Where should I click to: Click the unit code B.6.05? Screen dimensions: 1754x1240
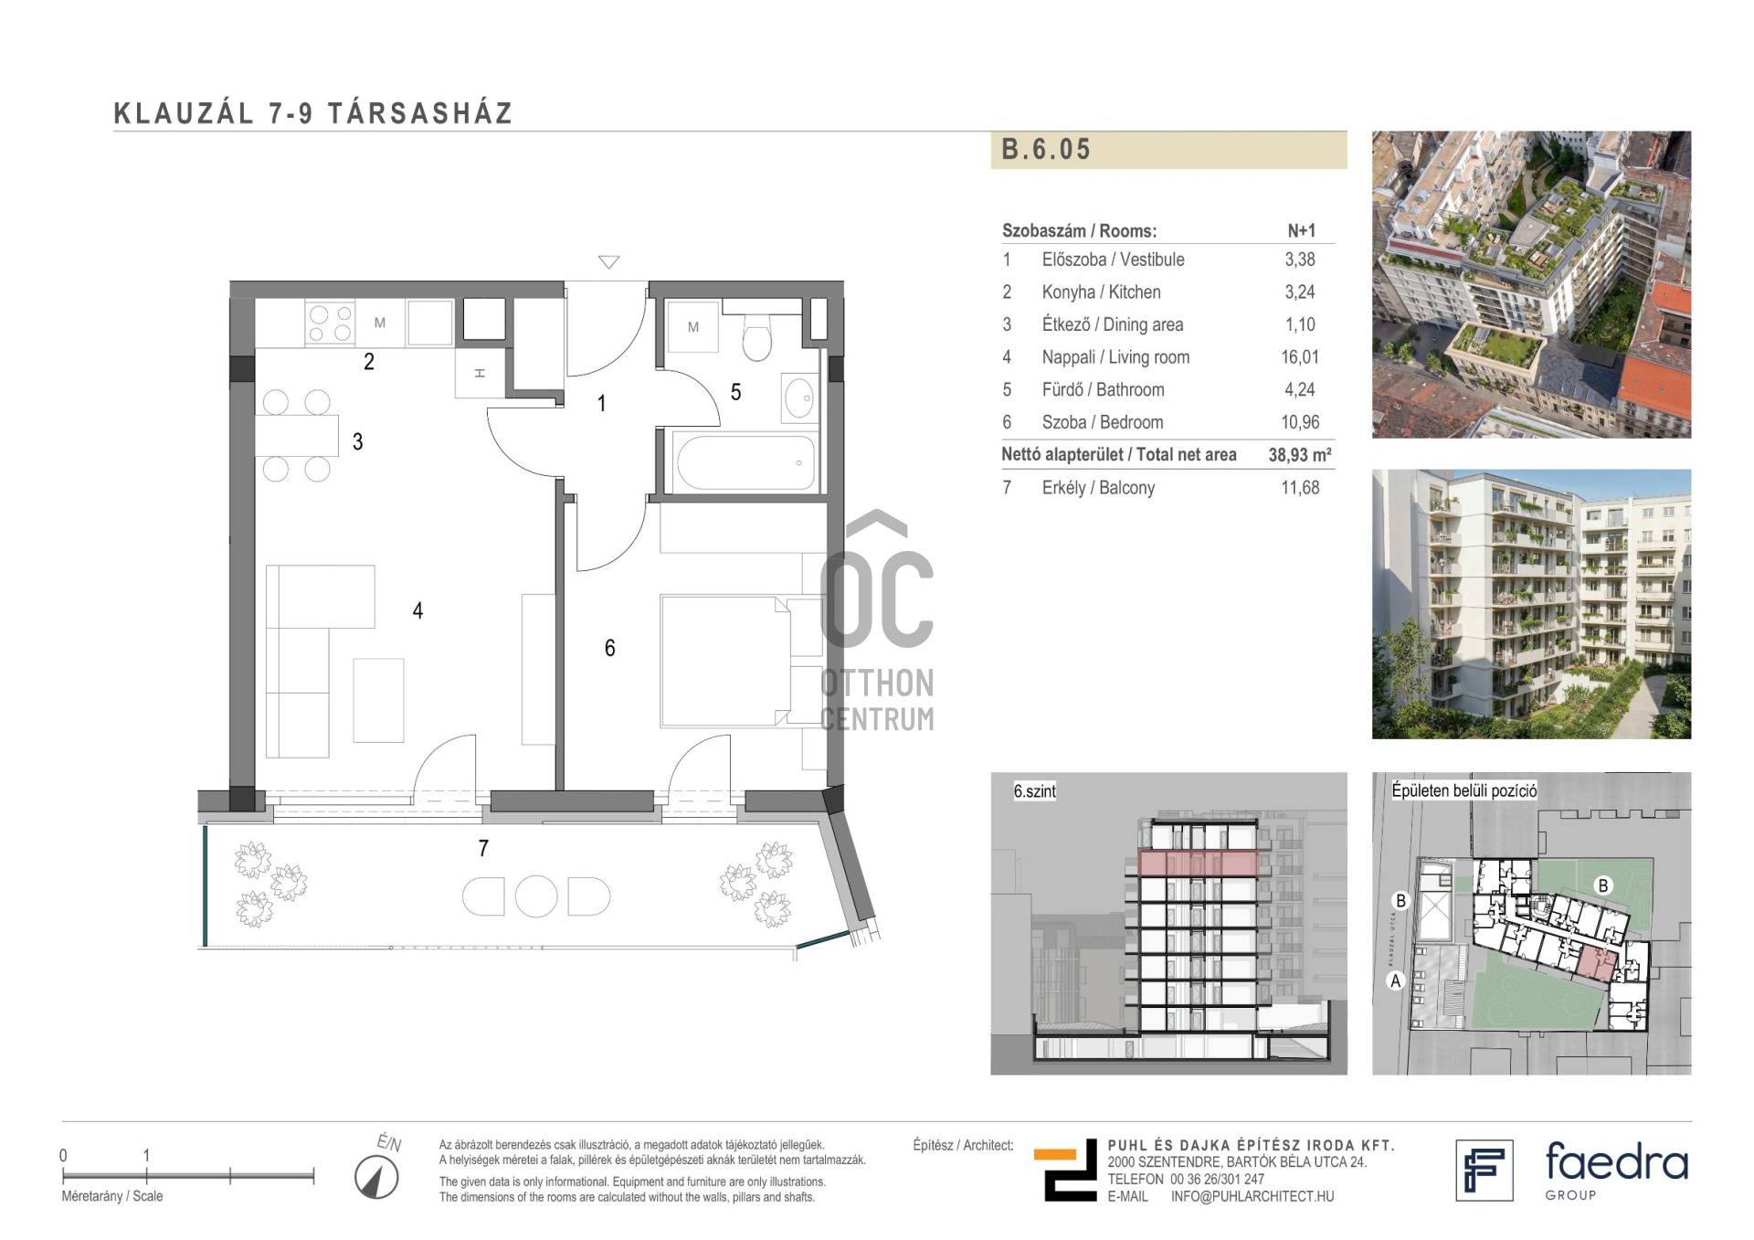[x=1046, y=149]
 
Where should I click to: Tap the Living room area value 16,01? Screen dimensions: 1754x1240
[x=1299, y=357]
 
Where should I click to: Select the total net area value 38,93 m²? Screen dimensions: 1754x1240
[x=1299, y=454]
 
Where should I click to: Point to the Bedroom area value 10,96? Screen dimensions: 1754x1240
[x=1300, y=422]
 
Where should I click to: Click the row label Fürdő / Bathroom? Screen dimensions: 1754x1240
[x=1103, y=389]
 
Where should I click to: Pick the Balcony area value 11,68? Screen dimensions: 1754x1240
[x=1300, y=488]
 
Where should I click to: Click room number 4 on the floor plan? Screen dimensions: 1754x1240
[x=417, y=610]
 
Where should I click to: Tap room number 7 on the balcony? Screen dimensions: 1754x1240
[x=483, y=848]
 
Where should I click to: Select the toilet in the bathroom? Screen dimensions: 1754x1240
[x=756, y=337]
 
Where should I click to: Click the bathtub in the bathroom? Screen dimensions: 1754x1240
[x=745, y=462]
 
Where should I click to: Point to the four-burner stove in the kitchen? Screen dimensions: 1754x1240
[x=330, y=323]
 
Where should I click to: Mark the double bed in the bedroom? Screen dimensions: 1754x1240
[x=725, y=661]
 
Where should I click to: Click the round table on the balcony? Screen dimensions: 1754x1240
[x=536, y=896]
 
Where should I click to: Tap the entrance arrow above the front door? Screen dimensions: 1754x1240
[x=609, y=261]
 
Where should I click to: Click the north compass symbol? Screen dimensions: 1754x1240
[x=376, y=1177]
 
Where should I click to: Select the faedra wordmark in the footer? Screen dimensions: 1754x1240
[x=1617, y=1162]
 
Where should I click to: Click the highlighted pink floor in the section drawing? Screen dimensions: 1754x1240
[x=1198, y=863]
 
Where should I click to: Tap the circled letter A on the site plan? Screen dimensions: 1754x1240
[x=1395, y=981]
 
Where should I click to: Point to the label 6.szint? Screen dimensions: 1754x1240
[x=1034, y=791]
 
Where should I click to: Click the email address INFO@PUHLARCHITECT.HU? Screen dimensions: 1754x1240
[x=1252, y=1196]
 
